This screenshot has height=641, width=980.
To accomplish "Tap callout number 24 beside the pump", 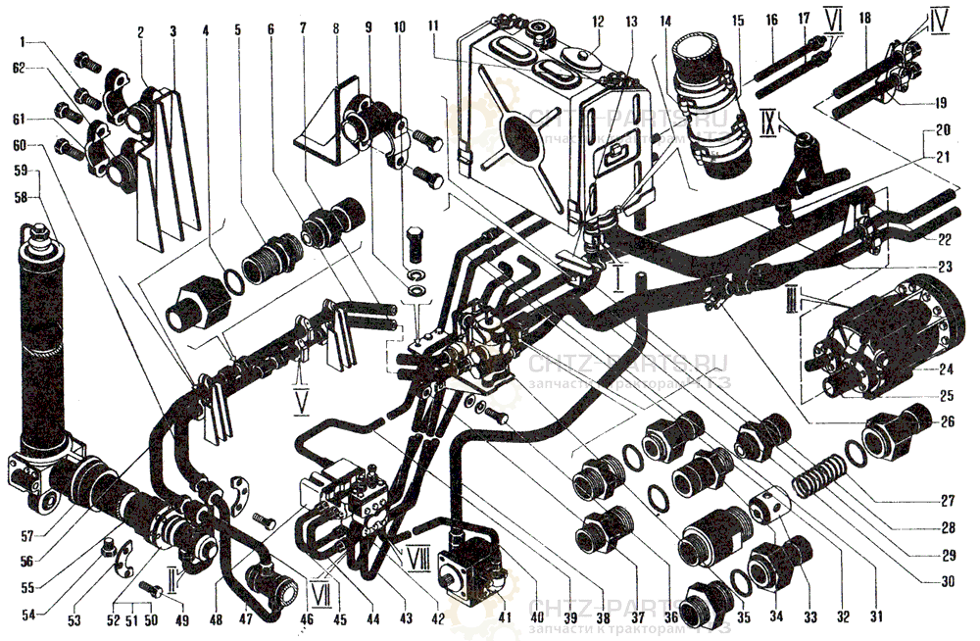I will pos(947,370).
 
